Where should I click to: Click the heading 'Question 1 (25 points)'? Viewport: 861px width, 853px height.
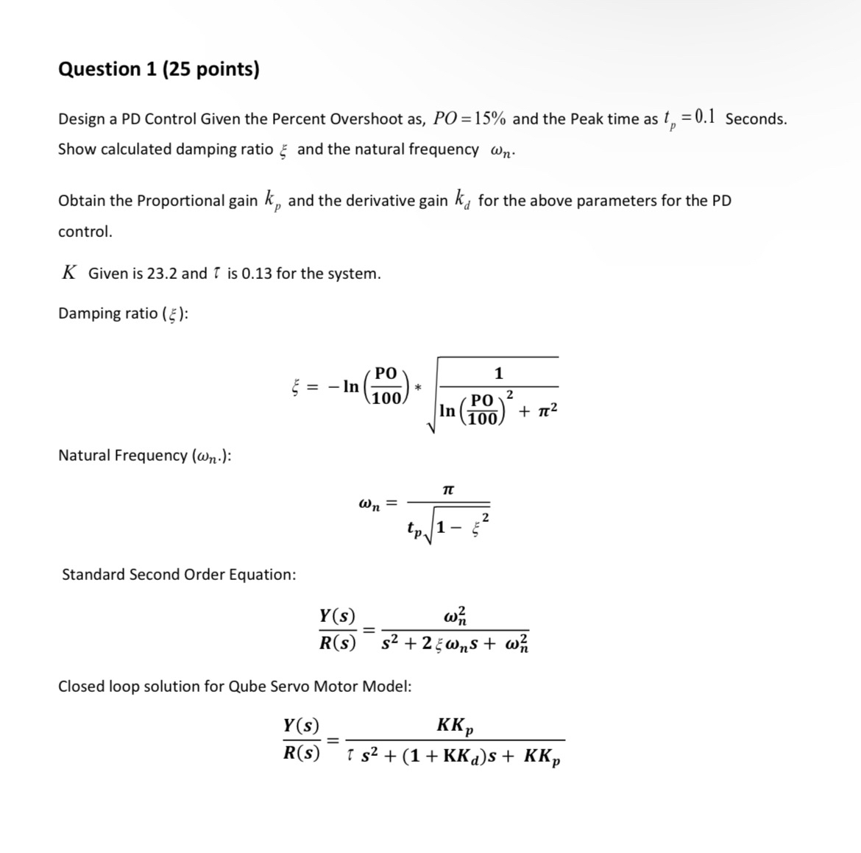[x=158, y=69]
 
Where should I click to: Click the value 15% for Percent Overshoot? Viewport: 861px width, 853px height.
[x=486, y=118]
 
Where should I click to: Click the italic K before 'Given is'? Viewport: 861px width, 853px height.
[x=68, y=273]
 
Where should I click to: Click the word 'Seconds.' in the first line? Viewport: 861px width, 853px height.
[x=756, y=118]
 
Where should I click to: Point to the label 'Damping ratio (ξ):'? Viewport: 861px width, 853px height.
[x=123, y=314]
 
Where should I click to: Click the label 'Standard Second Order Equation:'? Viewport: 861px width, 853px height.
[x=179, y=575]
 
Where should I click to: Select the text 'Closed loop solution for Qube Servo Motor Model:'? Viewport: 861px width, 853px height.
[x=235, y=687]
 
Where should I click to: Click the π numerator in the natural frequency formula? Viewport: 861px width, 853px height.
[x=448, y=488]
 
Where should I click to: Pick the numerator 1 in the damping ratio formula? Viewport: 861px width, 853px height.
[x=498, y=373]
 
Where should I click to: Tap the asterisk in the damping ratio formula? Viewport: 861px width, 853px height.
[x=419, y=386]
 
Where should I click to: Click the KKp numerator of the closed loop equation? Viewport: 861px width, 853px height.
[x=455, y=726]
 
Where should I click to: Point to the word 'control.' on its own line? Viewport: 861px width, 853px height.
[x=85, y=232]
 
